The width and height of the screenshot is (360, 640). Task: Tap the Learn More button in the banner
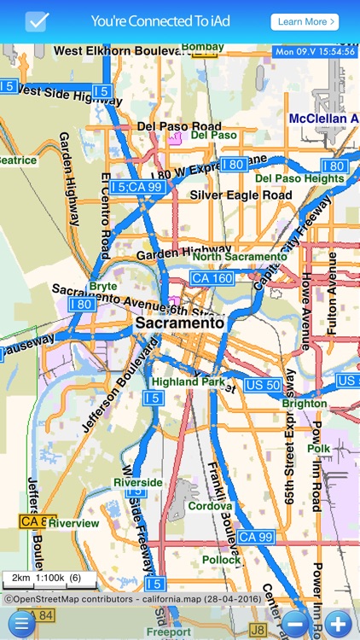305,21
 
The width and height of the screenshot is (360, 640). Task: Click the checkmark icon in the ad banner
37,21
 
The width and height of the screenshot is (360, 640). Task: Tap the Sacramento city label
180,324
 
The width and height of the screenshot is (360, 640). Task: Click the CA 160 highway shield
212,278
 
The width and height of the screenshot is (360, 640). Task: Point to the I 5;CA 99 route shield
136,186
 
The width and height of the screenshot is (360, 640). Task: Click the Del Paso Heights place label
299,178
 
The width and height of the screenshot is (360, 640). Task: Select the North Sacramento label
240,256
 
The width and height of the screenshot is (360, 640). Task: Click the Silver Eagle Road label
241,195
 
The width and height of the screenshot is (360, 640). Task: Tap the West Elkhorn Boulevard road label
119,51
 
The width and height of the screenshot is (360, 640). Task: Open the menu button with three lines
20,622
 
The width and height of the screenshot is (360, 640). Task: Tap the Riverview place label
74,523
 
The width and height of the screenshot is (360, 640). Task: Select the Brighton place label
305,404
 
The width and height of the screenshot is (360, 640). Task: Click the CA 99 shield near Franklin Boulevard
256,537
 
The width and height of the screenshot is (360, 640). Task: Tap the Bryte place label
103,286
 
